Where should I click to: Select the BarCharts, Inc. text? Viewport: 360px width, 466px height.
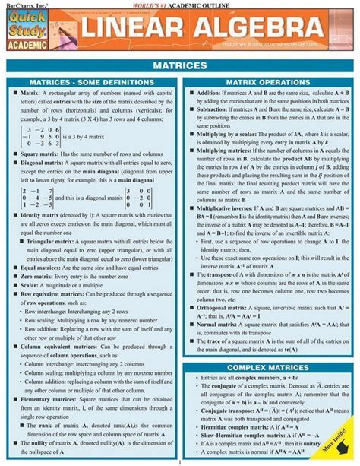[x=22, y=4]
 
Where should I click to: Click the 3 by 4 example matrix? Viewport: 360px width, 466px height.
[x=39, y=138]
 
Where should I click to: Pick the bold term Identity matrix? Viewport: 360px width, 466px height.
[x=37, y=216]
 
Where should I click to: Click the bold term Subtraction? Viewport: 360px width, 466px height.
[x=217, y=115]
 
